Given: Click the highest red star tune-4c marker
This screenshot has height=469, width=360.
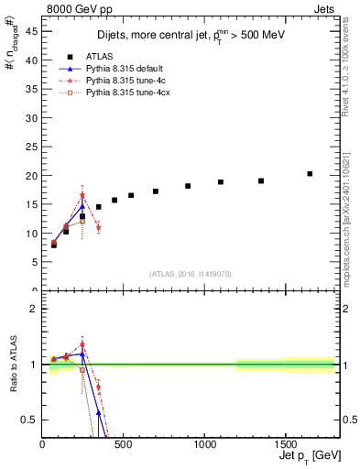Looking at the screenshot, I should point(82,196).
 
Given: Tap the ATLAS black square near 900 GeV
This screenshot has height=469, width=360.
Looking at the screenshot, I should point(188,186).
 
